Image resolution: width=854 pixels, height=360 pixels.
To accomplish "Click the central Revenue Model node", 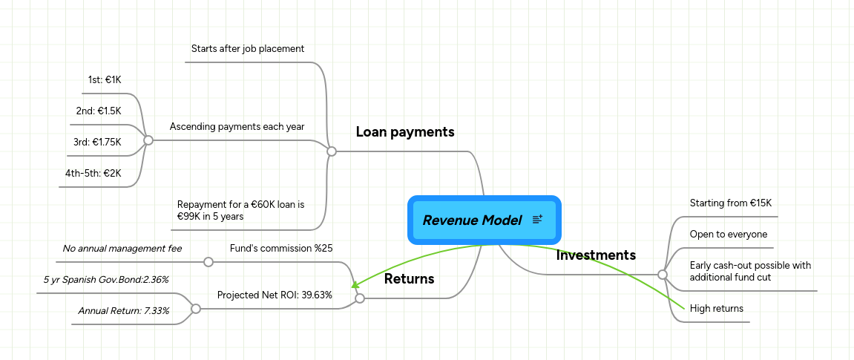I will [472, 220].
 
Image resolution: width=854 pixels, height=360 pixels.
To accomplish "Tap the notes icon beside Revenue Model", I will [538, 219].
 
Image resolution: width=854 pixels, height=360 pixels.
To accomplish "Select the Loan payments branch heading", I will [405, 132].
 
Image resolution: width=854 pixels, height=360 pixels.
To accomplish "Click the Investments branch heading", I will [596, 255].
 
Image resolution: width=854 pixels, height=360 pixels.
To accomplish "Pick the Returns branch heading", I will [409, 279].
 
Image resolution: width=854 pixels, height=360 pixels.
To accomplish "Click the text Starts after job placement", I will [248, 49].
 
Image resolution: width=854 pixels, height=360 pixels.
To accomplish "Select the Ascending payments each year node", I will [237, 127].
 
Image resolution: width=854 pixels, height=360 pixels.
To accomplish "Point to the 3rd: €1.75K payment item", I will [96, 142].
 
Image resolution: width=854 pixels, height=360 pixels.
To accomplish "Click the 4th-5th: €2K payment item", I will [93, 173].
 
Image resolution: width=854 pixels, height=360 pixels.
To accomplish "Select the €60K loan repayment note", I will [240, 210].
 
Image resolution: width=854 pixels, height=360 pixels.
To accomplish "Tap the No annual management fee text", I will [122, 249].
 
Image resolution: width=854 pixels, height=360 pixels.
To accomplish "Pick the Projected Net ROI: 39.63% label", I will [275, 295].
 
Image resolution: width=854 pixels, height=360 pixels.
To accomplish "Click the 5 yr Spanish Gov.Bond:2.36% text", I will [105, 280].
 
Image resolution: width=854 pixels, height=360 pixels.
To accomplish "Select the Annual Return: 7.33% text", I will [123, 311].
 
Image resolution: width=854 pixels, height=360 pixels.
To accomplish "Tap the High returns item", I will [716, 309].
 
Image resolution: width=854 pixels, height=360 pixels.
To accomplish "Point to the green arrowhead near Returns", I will [355, 285].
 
